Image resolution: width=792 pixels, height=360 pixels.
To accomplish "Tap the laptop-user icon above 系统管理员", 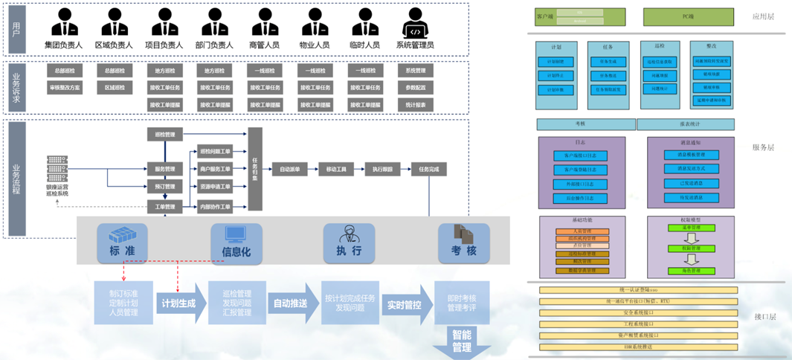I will pyautogui.click(x=415, y=22).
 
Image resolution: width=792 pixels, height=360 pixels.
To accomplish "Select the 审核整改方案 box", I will pyautogui.click(x=65, y=88).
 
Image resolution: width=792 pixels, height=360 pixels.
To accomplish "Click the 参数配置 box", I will pyautogui.click(x=416, y=88).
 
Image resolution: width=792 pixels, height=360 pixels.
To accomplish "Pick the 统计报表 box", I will pyautogui.click(x=416, y=105).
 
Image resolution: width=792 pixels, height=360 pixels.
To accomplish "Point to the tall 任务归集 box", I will pyautogui.click(x=255, y=169).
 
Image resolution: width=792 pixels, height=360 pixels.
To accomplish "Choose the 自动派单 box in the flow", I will pyautogui.click(x=290, y=169).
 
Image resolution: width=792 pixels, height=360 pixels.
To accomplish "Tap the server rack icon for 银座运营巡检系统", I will pyautogui.click(x=57, y=170).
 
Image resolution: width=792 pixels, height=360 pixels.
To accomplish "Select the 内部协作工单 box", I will pyautogui.click(x=216, y=205).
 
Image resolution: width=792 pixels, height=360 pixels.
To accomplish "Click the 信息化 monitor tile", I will pyautogui.click(x=236, y=242).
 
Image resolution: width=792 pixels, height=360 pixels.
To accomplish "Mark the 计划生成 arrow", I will pyautogui.click(x=179, y=303).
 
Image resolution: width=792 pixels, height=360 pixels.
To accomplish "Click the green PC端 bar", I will pyautogui.click(x=677, y=16).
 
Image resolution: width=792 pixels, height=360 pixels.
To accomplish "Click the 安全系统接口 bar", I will pyautogui.click(x=639, y=312).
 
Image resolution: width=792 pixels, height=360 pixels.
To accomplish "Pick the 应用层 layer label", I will pyautogui.click(x=763, y=16).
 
